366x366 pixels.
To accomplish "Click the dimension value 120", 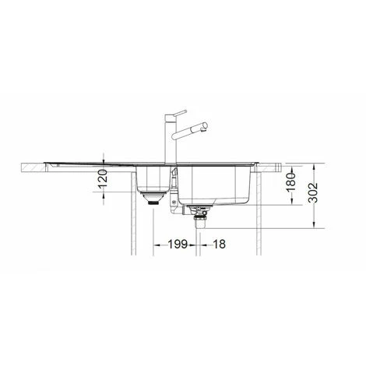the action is pyautogui.click(x=103, y=179).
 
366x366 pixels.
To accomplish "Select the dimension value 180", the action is pyautogui.click(x=291, y=182).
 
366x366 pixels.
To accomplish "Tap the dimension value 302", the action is pyautogui.click(x=314, y=193).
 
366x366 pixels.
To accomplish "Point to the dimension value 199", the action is pyautogui.click(x=178, y=245).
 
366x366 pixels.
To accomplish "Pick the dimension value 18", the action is pyautogui.click(x=219, y=245).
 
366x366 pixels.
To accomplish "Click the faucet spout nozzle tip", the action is pyautogui.click(x=205, y=125).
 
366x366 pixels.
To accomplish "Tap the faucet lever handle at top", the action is pyautogui.click(x=180, y=113).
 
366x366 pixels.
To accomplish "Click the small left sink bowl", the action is pyautogui.click(x=153, y=178).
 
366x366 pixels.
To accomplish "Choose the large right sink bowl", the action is pyautogui.click(x=213, y=185).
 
